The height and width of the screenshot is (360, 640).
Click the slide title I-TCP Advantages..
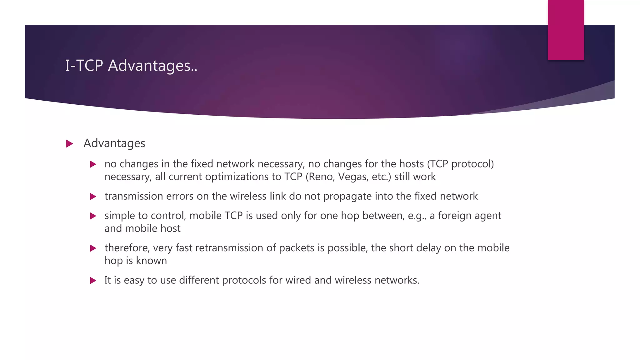click(x=131, y=66)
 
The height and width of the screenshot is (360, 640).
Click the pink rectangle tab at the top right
click(x=566, y=30)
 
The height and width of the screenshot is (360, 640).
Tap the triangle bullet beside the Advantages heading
click(x=70, y=144)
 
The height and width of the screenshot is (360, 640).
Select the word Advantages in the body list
click(x=114, y=143)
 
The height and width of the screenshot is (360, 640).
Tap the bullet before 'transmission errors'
click(x=93, y=197)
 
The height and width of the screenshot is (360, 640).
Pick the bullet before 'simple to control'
click(x=93, y=216)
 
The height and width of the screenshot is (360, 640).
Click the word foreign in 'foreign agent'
click(x=455, y=216)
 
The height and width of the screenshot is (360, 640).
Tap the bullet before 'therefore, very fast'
click(x=93, y=248)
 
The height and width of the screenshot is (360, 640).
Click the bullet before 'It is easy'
click(x=93, y=280)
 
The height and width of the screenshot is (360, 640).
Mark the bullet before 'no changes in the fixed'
click(x=93, y=164)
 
